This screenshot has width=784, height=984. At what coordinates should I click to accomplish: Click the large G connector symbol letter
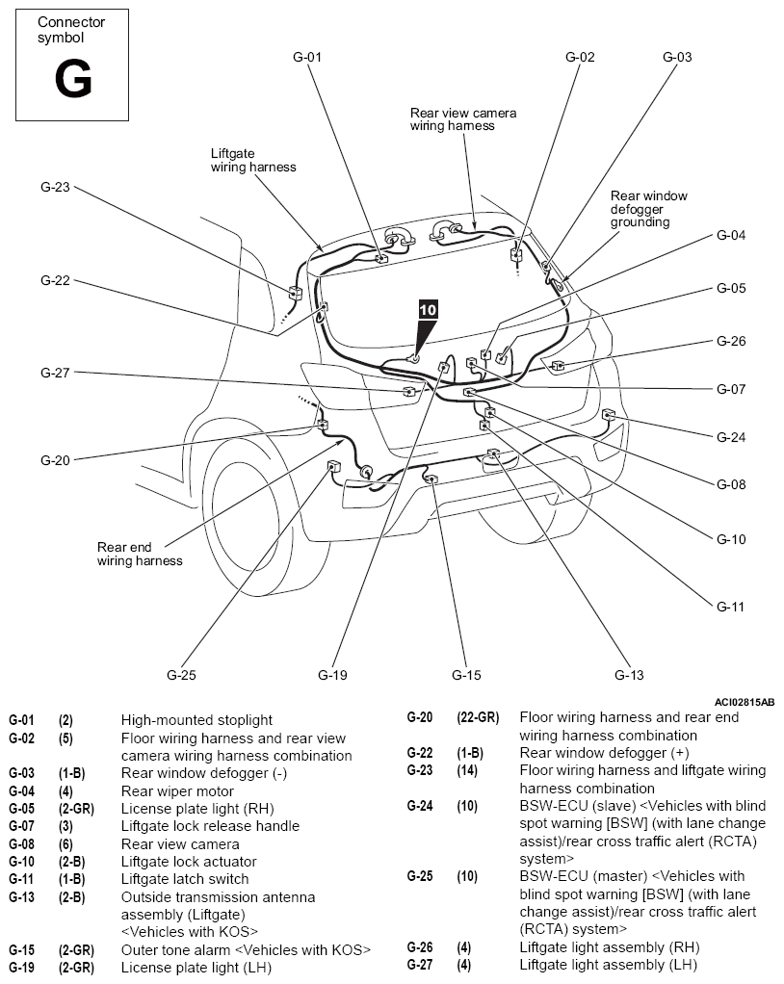click(x=72, y=80)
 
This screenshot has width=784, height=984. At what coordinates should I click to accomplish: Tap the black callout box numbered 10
click(x=428, y=310)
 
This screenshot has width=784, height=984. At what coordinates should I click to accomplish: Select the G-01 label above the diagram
click(x=306, y=57)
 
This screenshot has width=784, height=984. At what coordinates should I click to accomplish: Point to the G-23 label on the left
click(x=55, y=188)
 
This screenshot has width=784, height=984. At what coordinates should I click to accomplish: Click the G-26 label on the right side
click(x=731, y=341)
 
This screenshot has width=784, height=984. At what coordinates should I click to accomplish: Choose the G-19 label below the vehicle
click(x=332, y=675)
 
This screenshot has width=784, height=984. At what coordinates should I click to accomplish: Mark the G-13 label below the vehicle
click(x=630, y=675)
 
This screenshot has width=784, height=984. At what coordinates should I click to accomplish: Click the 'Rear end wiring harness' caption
click(x=140, y=554)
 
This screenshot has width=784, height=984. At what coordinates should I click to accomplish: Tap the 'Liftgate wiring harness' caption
click(x=253, y=160)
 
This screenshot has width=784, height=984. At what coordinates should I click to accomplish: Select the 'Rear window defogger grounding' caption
click(x=649, y=209)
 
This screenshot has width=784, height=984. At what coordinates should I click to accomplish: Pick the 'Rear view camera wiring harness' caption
click(x=463, y=119)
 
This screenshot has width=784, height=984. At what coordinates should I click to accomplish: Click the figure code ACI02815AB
click(x=745, y=703)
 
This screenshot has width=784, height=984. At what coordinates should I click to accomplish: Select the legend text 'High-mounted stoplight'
click(x=196, y=720)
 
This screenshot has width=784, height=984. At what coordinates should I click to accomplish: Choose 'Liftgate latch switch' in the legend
click(x=185, y=879)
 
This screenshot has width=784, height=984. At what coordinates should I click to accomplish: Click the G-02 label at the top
click(x=580, y=57)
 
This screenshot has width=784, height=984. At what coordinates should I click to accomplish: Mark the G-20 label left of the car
click(x=55, y=460)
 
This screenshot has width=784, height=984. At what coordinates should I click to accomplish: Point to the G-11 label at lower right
click(x=731, y=607)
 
